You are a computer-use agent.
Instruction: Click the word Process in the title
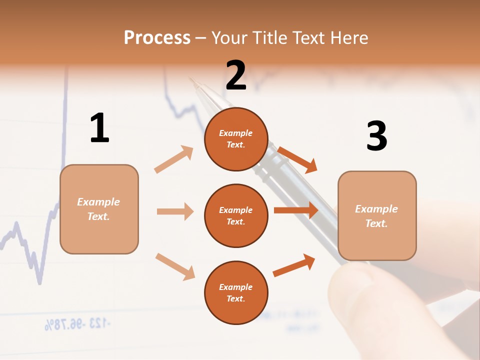(x=157, y=38)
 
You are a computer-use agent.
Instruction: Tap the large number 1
(x=99, y=128)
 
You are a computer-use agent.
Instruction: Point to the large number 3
(x=376, y=136)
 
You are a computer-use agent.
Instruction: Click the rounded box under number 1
(x=99, y=209)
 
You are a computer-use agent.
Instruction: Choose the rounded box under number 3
(x=377, y=215)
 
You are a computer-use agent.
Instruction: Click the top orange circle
(x=236, y=139)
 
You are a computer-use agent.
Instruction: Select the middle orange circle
(x=236, y=215)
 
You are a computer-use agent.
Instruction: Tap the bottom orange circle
(x=236, y=292)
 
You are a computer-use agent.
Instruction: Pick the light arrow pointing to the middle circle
(x=175, y=211)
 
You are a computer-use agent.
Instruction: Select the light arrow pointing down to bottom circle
(x=175, y=266)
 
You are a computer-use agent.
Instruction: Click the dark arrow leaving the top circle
(x=297, y=159)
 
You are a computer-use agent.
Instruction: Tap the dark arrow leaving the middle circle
(x=296, y=210)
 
